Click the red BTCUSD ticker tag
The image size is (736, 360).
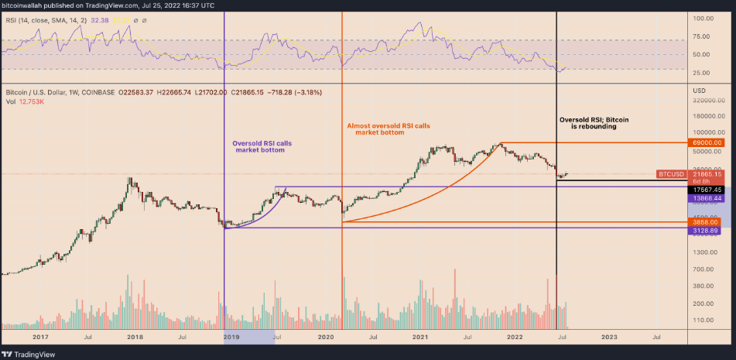pos(671,174)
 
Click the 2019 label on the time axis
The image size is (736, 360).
pos(231,337)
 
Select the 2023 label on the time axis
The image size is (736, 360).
pos(609,337)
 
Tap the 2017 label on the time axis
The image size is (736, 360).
pos(42,337)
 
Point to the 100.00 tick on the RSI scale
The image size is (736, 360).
pos(703,18)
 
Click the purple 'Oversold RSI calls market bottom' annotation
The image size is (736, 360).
pos(262,147)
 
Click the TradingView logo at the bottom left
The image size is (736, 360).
pos(26,352)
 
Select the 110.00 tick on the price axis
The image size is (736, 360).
pos(703,320)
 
